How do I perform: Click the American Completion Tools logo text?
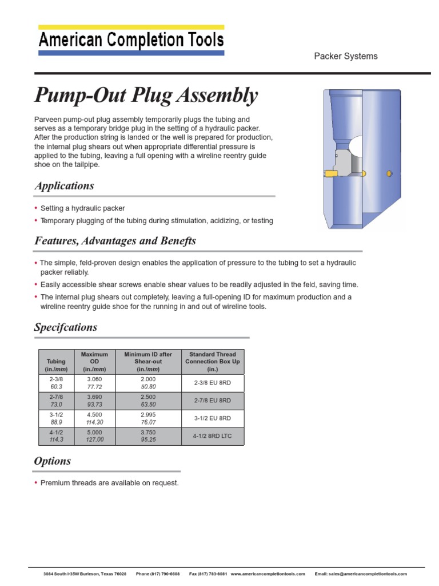(131, 40)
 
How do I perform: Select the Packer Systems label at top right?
(345, 56)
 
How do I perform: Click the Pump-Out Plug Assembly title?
(146, 96)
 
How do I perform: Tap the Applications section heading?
(64, 186)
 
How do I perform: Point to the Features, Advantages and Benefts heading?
(115, 241)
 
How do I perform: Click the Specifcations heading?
(66, 327)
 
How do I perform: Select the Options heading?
(53, 461)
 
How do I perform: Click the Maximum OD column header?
(94, 362)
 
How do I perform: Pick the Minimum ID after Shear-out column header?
(148, 362)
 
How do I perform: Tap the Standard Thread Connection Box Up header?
(212, 362)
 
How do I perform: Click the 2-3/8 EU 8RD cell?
(212, 383)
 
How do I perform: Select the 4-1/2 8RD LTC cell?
(212, 436)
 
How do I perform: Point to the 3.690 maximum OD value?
(94, 397)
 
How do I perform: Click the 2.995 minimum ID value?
(148, 415)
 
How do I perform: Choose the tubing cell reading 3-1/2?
(56, 415)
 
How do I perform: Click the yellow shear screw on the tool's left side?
(330, 173)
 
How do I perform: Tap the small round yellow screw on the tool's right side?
(389, 173)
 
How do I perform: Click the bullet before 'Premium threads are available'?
(37, 483)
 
